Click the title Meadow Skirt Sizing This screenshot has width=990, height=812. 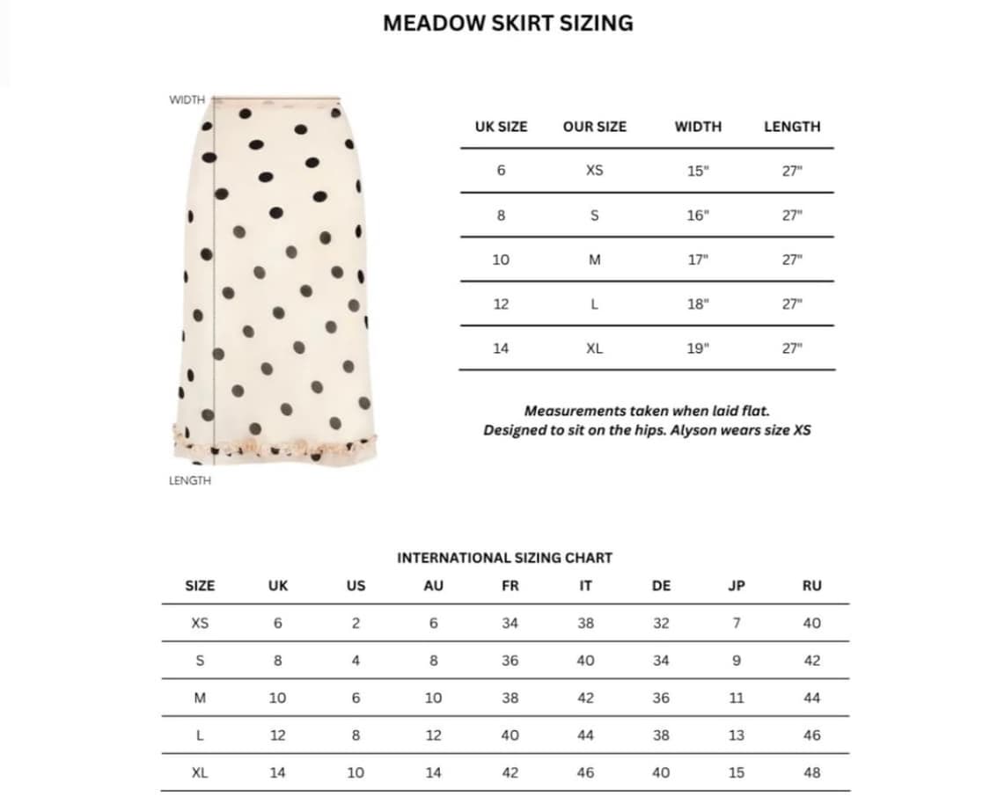(508, 23)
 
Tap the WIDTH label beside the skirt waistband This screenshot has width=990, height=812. (187, 100)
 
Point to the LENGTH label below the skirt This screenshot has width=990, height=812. (190, 480)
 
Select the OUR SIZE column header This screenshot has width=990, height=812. (594, 127)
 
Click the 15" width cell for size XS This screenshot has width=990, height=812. (697, 171)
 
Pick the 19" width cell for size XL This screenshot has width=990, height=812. (697, 348)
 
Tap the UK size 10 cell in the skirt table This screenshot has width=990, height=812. (501, 260)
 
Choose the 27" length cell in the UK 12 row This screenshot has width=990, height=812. (792, 304)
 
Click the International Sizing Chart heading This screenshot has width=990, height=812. (504, 558)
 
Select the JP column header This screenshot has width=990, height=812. (737, 586)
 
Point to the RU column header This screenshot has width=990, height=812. (811, 586)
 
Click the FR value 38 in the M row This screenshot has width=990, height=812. (510, 698)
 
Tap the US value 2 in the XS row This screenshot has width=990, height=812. (356, 623)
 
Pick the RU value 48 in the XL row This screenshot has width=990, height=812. (811, 772)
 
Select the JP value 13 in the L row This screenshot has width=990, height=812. (737, 735)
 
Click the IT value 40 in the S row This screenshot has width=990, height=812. (585, 661)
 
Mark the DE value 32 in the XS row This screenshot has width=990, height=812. (661, 623)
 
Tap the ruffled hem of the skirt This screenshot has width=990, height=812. (275, 444)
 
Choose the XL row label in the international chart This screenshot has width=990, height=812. (200, 772)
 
